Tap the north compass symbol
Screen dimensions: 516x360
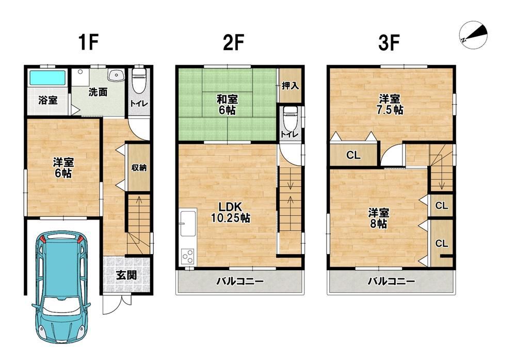tap(473, 35)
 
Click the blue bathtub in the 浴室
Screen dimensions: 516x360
tap(47, 77)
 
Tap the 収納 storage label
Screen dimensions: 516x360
tap(138, 167)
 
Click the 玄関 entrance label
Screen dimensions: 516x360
tap(126, 275)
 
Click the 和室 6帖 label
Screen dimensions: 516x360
tap(227, 104)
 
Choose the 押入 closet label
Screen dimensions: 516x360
tap(290, 86)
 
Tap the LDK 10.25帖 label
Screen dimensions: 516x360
tap(230, 212)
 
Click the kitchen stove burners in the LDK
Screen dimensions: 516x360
tap(188, 257)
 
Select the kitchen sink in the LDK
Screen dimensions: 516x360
tap(188, 223)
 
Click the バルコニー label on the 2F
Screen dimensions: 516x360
tap(240, 281)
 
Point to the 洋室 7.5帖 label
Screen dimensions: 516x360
tap(390, 104)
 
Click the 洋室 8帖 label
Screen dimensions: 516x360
tap(378, 218)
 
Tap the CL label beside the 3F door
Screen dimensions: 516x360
tap(353, 155)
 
